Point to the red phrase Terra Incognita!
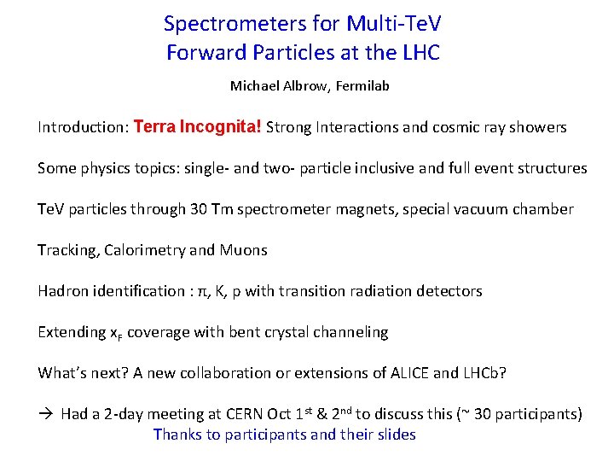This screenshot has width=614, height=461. (198, 127)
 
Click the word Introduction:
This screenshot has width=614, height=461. (83, 127)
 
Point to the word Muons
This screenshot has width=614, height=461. (243, 250)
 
